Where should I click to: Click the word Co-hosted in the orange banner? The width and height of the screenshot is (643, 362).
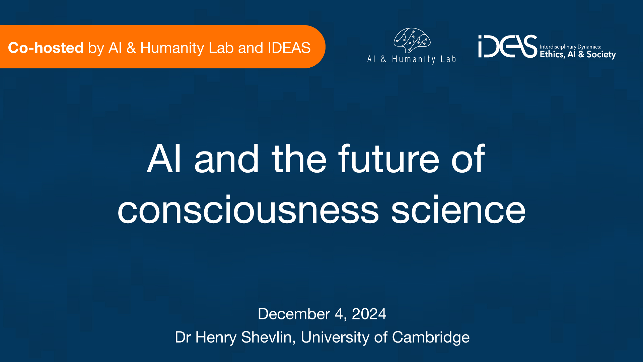[46, 48]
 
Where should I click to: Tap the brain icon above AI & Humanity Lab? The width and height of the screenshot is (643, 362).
[412, 40]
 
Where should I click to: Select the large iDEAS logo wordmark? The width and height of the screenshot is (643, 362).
[508, 46]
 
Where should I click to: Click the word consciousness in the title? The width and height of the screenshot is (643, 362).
[248, 210]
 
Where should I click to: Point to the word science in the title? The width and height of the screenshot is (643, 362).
[458, 210]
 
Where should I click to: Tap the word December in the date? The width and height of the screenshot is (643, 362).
[294, 314]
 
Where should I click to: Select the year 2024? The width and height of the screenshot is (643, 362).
[369, 314]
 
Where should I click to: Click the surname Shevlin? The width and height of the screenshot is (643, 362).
[268, 337]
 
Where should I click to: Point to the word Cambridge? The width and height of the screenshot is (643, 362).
[431, 337]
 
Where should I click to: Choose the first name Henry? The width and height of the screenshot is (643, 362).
[216, 337]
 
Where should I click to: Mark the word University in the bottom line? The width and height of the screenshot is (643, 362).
[335, 337]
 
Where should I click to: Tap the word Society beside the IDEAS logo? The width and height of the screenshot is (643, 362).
[601, 55]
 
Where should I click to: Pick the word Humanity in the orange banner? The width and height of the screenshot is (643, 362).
[172, 48]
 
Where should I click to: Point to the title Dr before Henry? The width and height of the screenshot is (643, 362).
[183, 337]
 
